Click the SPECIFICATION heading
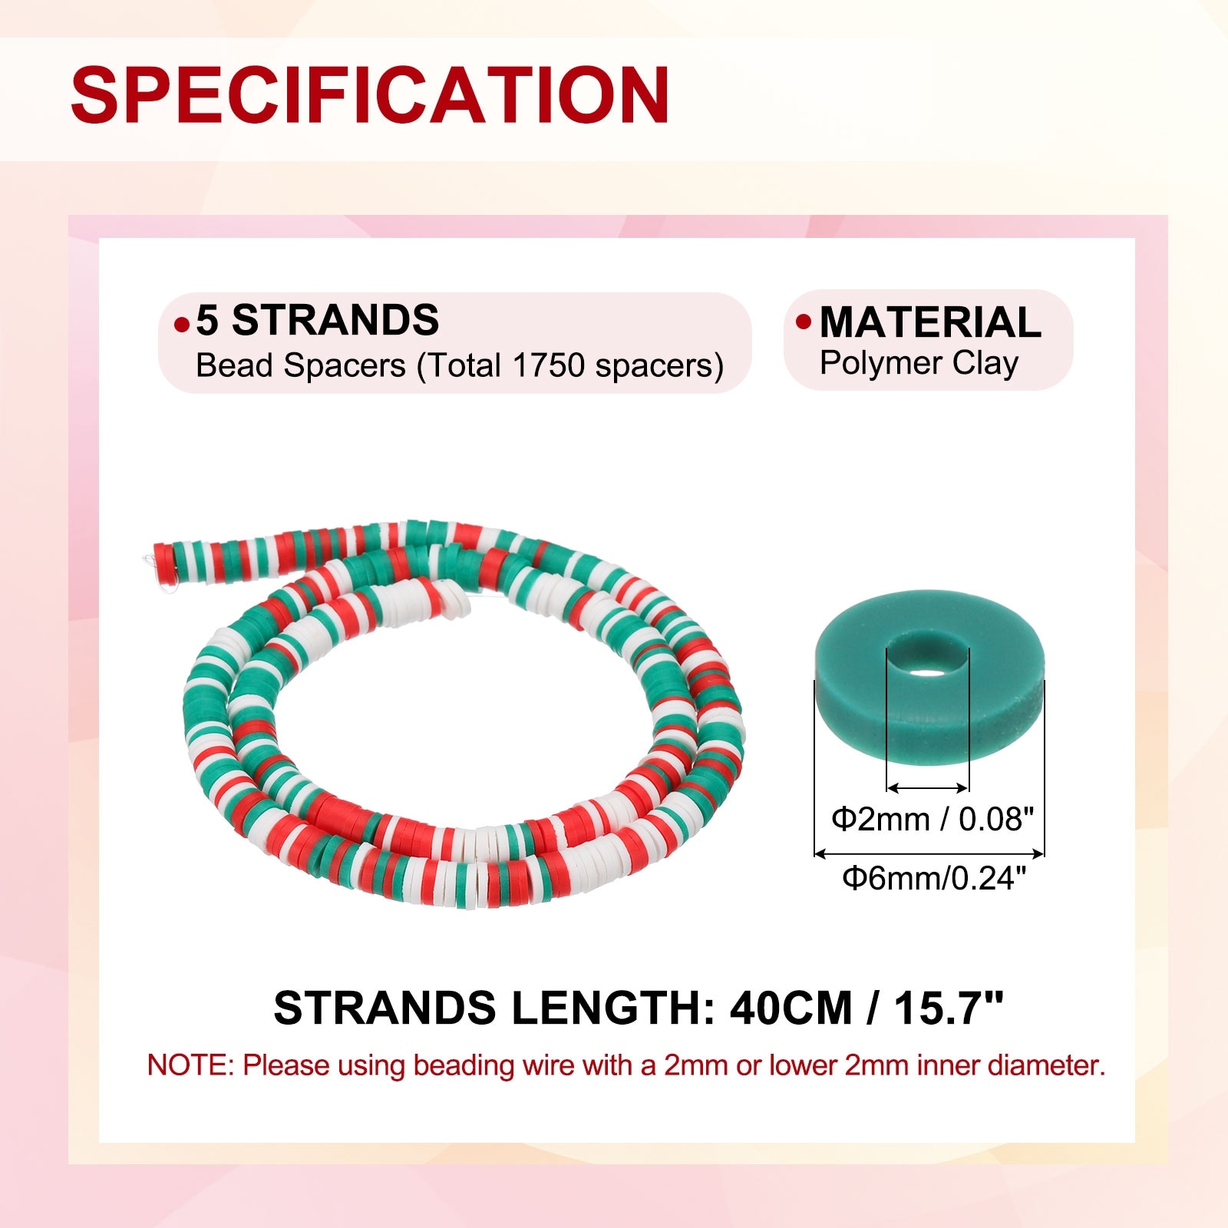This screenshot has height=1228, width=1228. (371, 94)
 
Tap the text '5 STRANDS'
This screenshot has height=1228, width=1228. (318, 320)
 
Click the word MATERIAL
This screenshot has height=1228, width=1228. (930, 322)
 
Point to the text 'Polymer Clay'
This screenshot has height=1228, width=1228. (919, 363)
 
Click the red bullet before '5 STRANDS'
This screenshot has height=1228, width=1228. (182, 325)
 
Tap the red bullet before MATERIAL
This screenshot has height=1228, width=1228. (804, 322)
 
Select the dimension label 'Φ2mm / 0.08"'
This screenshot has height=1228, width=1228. (933, 820)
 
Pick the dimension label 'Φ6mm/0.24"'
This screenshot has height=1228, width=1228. (934, 877)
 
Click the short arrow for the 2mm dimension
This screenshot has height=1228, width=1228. (928, 787)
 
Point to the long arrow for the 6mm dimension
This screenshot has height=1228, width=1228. (929, 853)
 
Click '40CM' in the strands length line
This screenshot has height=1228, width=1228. (791, 1008)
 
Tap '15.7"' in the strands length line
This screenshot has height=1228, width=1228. (949, 1006)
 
